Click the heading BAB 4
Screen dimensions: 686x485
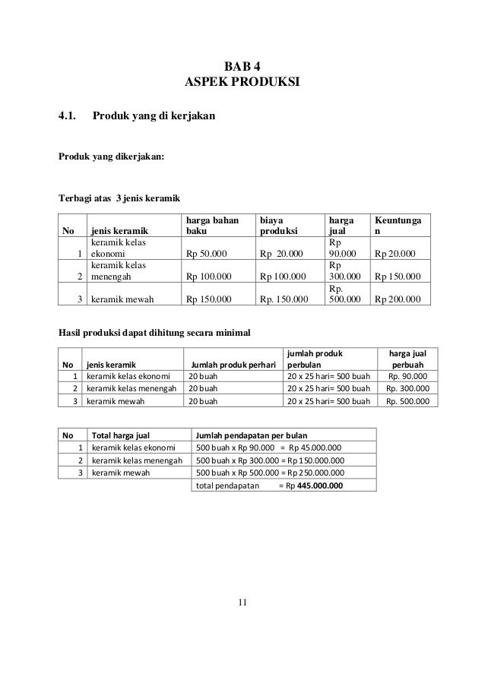pos(242,65)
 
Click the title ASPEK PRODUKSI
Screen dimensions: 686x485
pos(242,81)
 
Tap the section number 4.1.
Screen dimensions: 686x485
pos(69,117)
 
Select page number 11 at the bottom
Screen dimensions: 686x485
pos(242,602)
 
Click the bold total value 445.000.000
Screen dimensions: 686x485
pos(319,485)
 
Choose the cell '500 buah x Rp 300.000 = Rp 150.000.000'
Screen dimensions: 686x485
pos(270,460)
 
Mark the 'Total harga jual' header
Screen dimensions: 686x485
pos(120,435)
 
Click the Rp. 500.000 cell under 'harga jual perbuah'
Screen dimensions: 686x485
pos(407,402)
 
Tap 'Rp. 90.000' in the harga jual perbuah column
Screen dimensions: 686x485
pos(407,376)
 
